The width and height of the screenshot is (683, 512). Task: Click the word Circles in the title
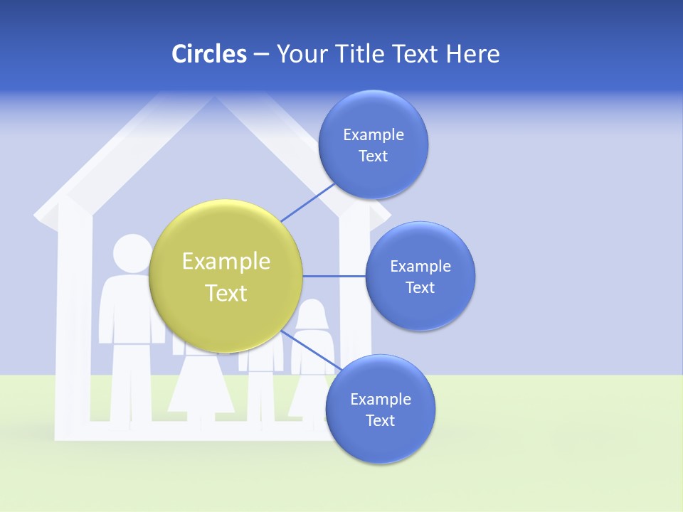209,54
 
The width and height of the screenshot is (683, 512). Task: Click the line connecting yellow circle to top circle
309,201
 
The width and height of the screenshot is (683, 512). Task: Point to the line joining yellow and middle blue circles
334,276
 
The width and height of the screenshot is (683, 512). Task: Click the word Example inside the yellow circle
226,262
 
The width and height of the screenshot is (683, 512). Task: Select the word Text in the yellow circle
226,293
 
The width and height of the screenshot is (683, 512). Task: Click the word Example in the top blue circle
374,135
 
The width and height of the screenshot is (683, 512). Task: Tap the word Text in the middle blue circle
420,288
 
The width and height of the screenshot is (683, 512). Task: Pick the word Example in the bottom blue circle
381,400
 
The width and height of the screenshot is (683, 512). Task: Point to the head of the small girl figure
312,314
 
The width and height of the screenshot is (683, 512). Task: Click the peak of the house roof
213,100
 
